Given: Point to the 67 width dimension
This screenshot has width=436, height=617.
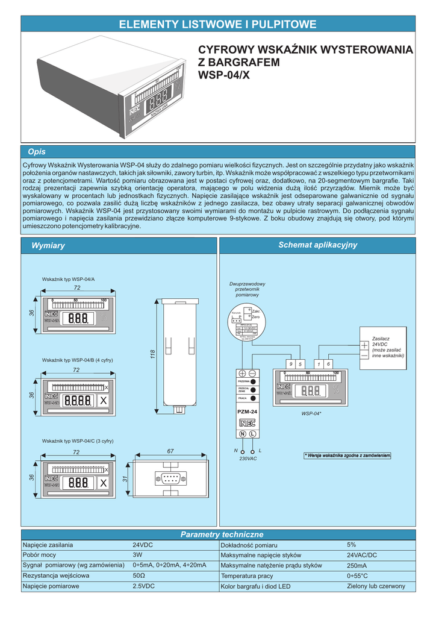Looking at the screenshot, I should pyautogui.click(x=170, y=452).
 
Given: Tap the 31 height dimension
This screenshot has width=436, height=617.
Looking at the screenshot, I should pyautogui.click(x=125, y=480).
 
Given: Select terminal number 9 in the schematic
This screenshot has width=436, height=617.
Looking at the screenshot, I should pyautogui.click(x=290, y=364).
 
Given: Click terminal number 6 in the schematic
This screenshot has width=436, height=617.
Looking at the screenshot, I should pyautogui.click(x=329, y=364).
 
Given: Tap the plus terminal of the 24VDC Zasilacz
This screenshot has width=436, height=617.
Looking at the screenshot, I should pyautogui.click(x=364, y=345).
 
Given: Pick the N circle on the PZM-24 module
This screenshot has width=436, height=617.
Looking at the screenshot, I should pyautogui.click(x=243, y=434).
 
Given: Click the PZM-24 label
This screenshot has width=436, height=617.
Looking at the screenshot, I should pyautogui.click(x=248, y=411).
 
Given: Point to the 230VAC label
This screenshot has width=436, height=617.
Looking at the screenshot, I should pyautogui.click(x=248, y=459).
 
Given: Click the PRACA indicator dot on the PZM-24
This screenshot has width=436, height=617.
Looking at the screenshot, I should pyautogui.click(x=254, y=398).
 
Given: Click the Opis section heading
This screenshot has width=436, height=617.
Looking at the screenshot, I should pyautogui.click(x=37, y=152).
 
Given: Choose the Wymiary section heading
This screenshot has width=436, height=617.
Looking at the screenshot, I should pyautogui.click(x=48, y=245).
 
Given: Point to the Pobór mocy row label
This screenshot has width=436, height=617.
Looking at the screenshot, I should pyautogui.click(x=39, y=555).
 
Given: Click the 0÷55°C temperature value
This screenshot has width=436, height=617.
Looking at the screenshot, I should pyautogui.click(x=358, y=576).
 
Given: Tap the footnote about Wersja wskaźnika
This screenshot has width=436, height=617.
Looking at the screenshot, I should pyautogui.click(x=347, y=455).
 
